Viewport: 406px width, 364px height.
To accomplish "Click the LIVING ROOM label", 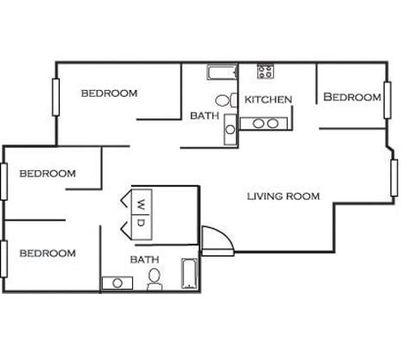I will click(x=283, y=196).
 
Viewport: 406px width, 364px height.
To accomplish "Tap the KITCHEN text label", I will click(x=268, y=99).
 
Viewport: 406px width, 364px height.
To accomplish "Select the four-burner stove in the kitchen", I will click(x=265, y=72).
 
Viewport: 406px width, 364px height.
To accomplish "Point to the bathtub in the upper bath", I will click(x=222, y=72).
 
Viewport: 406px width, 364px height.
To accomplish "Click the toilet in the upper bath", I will click(x=224, y=99).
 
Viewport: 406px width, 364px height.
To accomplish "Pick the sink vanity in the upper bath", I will click(x=230, y=129).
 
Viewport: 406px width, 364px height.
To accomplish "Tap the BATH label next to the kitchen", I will click(x=204, y=115).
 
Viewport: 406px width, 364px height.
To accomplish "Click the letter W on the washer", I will click(x=141, y=204).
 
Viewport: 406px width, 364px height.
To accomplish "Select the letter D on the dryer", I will click(x=141, y=223).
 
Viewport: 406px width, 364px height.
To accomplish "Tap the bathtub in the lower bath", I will click(x=190, y=274).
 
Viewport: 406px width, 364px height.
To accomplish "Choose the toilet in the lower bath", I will click(x=155, y=278).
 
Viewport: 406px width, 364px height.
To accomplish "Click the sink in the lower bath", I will click(x=116, y=283).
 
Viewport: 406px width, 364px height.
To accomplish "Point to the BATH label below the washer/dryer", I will click(x=144, y=259).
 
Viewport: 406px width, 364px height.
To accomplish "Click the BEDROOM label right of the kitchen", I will click(x=352, y=98).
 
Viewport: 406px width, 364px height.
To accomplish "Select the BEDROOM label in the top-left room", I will click(x=109, y=93).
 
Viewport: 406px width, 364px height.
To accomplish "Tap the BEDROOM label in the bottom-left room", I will click(x=48, y=253).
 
